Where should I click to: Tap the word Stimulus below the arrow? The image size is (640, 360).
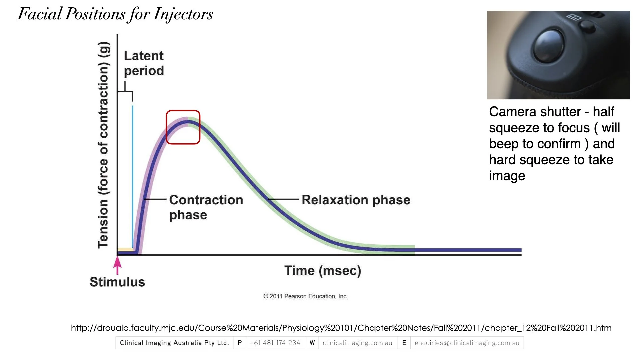[x=117, y=282]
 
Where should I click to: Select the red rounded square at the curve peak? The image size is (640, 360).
[x=183, y=127]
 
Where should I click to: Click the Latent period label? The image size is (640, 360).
[x=144, y=63]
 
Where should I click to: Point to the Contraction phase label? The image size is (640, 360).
[x=206, y=207]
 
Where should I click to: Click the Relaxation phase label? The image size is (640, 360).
[x=356, y=200]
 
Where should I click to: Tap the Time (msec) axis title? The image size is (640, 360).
[x=322, y=270]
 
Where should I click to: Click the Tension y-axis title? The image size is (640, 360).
[x=103, y=145]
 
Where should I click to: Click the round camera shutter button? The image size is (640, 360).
[x=549, y=46]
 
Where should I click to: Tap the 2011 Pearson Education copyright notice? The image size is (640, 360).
[x=305, y=296]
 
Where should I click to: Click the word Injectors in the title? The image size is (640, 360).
[x=183, y=14]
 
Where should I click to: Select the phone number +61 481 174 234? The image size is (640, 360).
[x=275, y=343]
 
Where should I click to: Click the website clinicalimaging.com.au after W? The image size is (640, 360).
[x=357, y=343]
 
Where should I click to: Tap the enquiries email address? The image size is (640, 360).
[x=467, y=343]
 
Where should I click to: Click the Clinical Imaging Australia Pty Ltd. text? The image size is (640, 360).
[x=174, y=343]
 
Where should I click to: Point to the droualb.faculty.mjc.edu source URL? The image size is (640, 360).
[x=341, y=328]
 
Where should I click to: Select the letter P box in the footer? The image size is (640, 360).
[x=240, y=343]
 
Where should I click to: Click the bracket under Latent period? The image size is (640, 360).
[x=125, y=92]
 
